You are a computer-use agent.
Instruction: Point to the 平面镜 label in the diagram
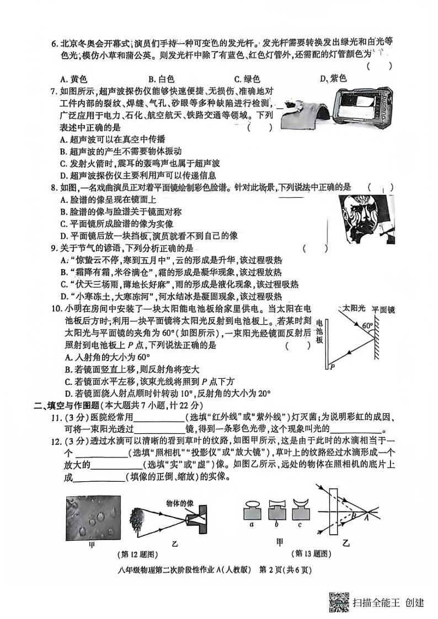(x=383, y=310)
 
